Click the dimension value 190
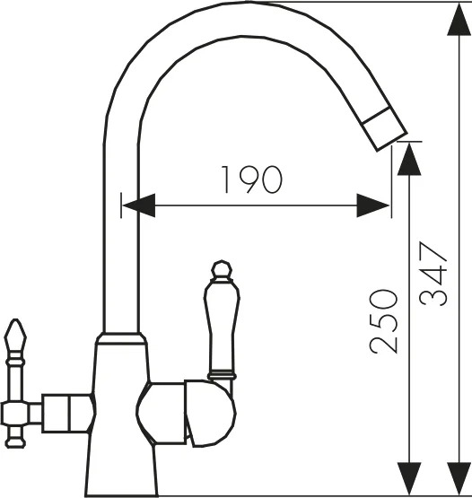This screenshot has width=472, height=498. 251,179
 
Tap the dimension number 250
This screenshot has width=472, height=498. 384,321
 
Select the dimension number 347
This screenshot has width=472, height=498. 433,274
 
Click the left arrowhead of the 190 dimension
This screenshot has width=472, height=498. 139,205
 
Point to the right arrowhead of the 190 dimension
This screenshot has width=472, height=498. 373,205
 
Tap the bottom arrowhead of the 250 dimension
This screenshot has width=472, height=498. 409,478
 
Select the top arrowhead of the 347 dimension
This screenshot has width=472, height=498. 459,19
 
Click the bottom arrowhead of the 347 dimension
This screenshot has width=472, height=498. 459,478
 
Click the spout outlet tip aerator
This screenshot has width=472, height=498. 385,128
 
